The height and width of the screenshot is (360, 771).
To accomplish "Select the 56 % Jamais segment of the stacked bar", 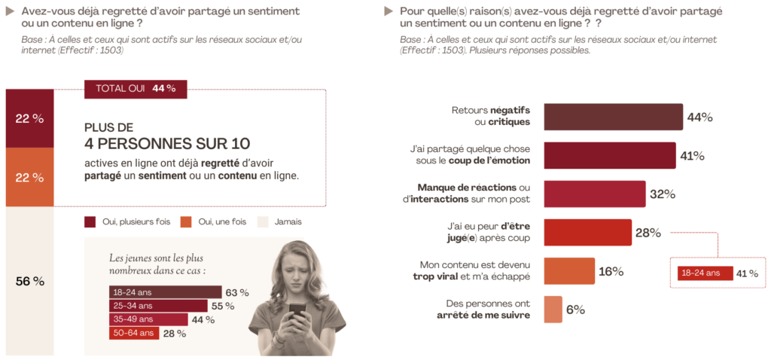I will coord(30,281).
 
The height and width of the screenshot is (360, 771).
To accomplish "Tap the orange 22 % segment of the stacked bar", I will coord(30,178).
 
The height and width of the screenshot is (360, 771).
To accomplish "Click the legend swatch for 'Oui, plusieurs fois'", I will coord(90,221).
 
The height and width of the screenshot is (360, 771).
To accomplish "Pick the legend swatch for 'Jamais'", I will coord(263,221).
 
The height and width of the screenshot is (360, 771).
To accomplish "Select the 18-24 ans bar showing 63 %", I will coord(165,292).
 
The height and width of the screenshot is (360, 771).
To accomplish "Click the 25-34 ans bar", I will coord(157,306).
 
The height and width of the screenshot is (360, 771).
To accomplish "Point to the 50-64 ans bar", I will coord(133,333).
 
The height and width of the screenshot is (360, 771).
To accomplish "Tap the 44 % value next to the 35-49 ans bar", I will coord(204,319).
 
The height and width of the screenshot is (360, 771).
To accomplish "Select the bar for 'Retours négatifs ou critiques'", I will coord(613,117).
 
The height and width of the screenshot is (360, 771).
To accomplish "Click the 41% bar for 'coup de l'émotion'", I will coord(609,155).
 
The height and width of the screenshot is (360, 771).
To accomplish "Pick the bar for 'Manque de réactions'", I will coord(594,194).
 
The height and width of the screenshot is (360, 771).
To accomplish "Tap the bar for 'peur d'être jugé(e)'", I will coord(587,232).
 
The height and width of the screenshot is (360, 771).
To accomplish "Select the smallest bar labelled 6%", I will coord(553,310).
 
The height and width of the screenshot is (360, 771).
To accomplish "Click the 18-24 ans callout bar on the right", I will coord(704,273).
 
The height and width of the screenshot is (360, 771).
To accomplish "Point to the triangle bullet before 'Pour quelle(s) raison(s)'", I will coord(389,11).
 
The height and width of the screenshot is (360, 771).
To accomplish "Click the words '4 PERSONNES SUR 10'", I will coord(167,143).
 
